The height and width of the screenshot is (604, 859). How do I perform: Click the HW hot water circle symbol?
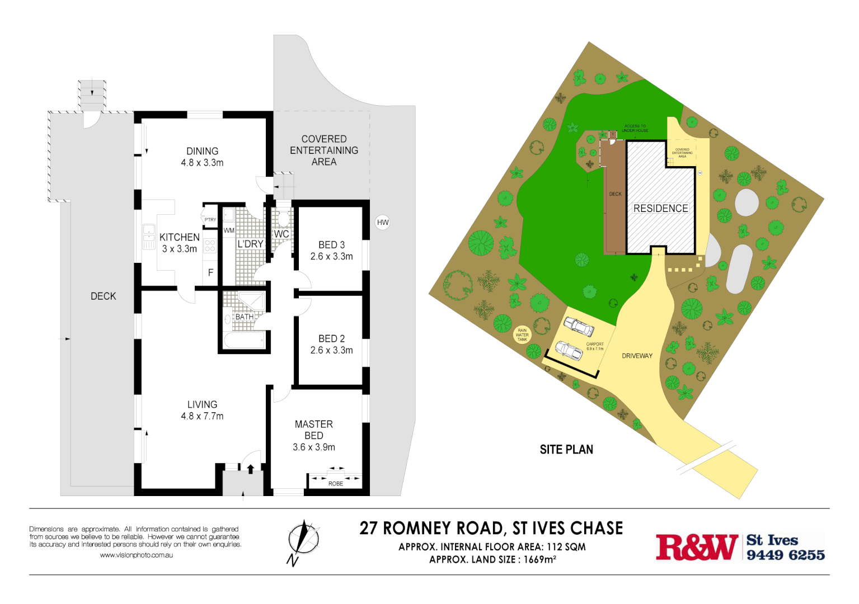(383, 223)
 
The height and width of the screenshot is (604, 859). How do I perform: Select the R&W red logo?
(697, 548)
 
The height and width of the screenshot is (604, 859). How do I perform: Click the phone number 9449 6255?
(786, 555)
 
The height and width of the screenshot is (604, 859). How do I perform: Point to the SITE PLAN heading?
(566, 450)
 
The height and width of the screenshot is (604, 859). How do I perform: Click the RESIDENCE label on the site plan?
(660, 209)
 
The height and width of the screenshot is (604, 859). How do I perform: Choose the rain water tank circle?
(522, 335)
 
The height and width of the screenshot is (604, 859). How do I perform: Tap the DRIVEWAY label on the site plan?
(637, 356)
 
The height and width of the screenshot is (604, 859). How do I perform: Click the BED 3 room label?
(331, 245)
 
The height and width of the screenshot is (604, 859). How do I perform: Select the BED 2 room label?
(331, 339)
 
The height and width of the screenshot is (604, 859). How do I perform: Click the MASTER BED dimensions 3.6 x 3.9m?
(314, 447)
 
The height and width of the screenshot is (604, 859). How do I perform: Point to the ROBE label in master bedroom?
(336, 484)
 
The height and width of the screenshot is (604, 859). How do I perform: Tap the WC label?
(281, 234)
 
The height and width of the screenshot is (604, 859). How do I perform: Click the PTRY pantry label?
(210, 220)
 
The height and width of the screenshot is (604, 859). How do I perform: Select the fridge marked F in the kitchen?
(210, 273)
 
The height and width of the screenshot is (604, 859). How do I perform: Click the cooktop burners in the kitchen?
(210, 245)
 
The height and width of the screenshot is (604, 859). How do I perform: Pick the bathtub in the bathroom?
(244, 340)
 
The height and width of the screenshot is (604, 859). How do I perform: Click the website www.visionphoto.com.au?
(136, 555)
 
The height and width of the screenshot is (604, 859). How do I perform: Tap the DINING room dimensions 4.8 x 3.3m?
(202, 163)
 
